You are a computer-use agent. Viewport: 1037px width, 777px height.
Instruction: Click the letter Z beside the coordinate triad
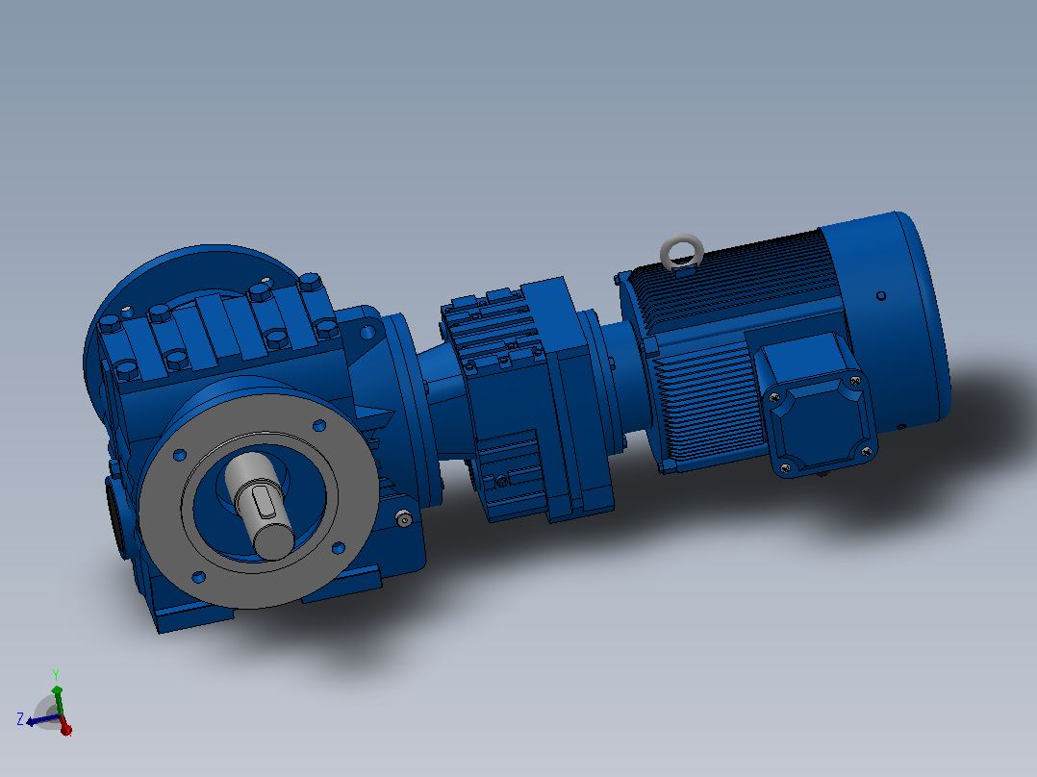tap(20, 718)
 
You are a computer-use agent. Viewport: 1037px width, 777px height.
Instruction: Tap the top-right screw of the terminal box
tap(855, 381)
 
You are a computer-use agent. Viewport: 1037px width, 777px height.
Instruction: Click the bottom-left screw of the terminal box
tap(785, 468)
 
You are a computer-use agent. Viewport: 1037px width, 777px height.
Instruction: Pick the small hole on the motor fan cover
tap(881, 295)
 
